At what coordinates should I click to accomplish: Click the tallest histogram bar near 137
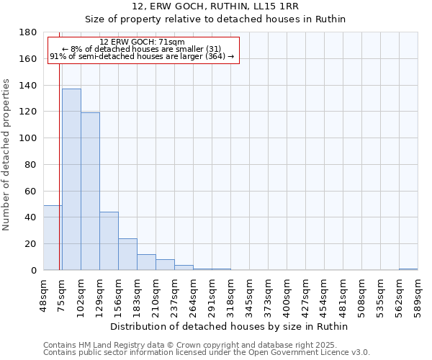71,179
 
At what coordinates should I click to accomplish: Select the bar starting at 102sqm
90,192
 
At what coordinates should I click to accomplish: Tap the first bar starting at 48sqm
53,238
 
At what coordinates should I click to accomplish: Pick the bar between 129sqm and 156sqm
109,240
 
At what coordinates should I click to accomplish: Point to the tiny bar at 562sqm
408,269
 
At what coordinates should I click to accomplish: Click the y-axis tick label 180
29,32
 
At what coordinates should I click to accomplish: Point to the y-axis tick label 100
29,138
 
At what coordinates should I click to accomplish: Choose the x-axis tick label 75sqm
62,292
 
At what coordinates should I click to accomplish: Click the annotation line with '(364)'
142,56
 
